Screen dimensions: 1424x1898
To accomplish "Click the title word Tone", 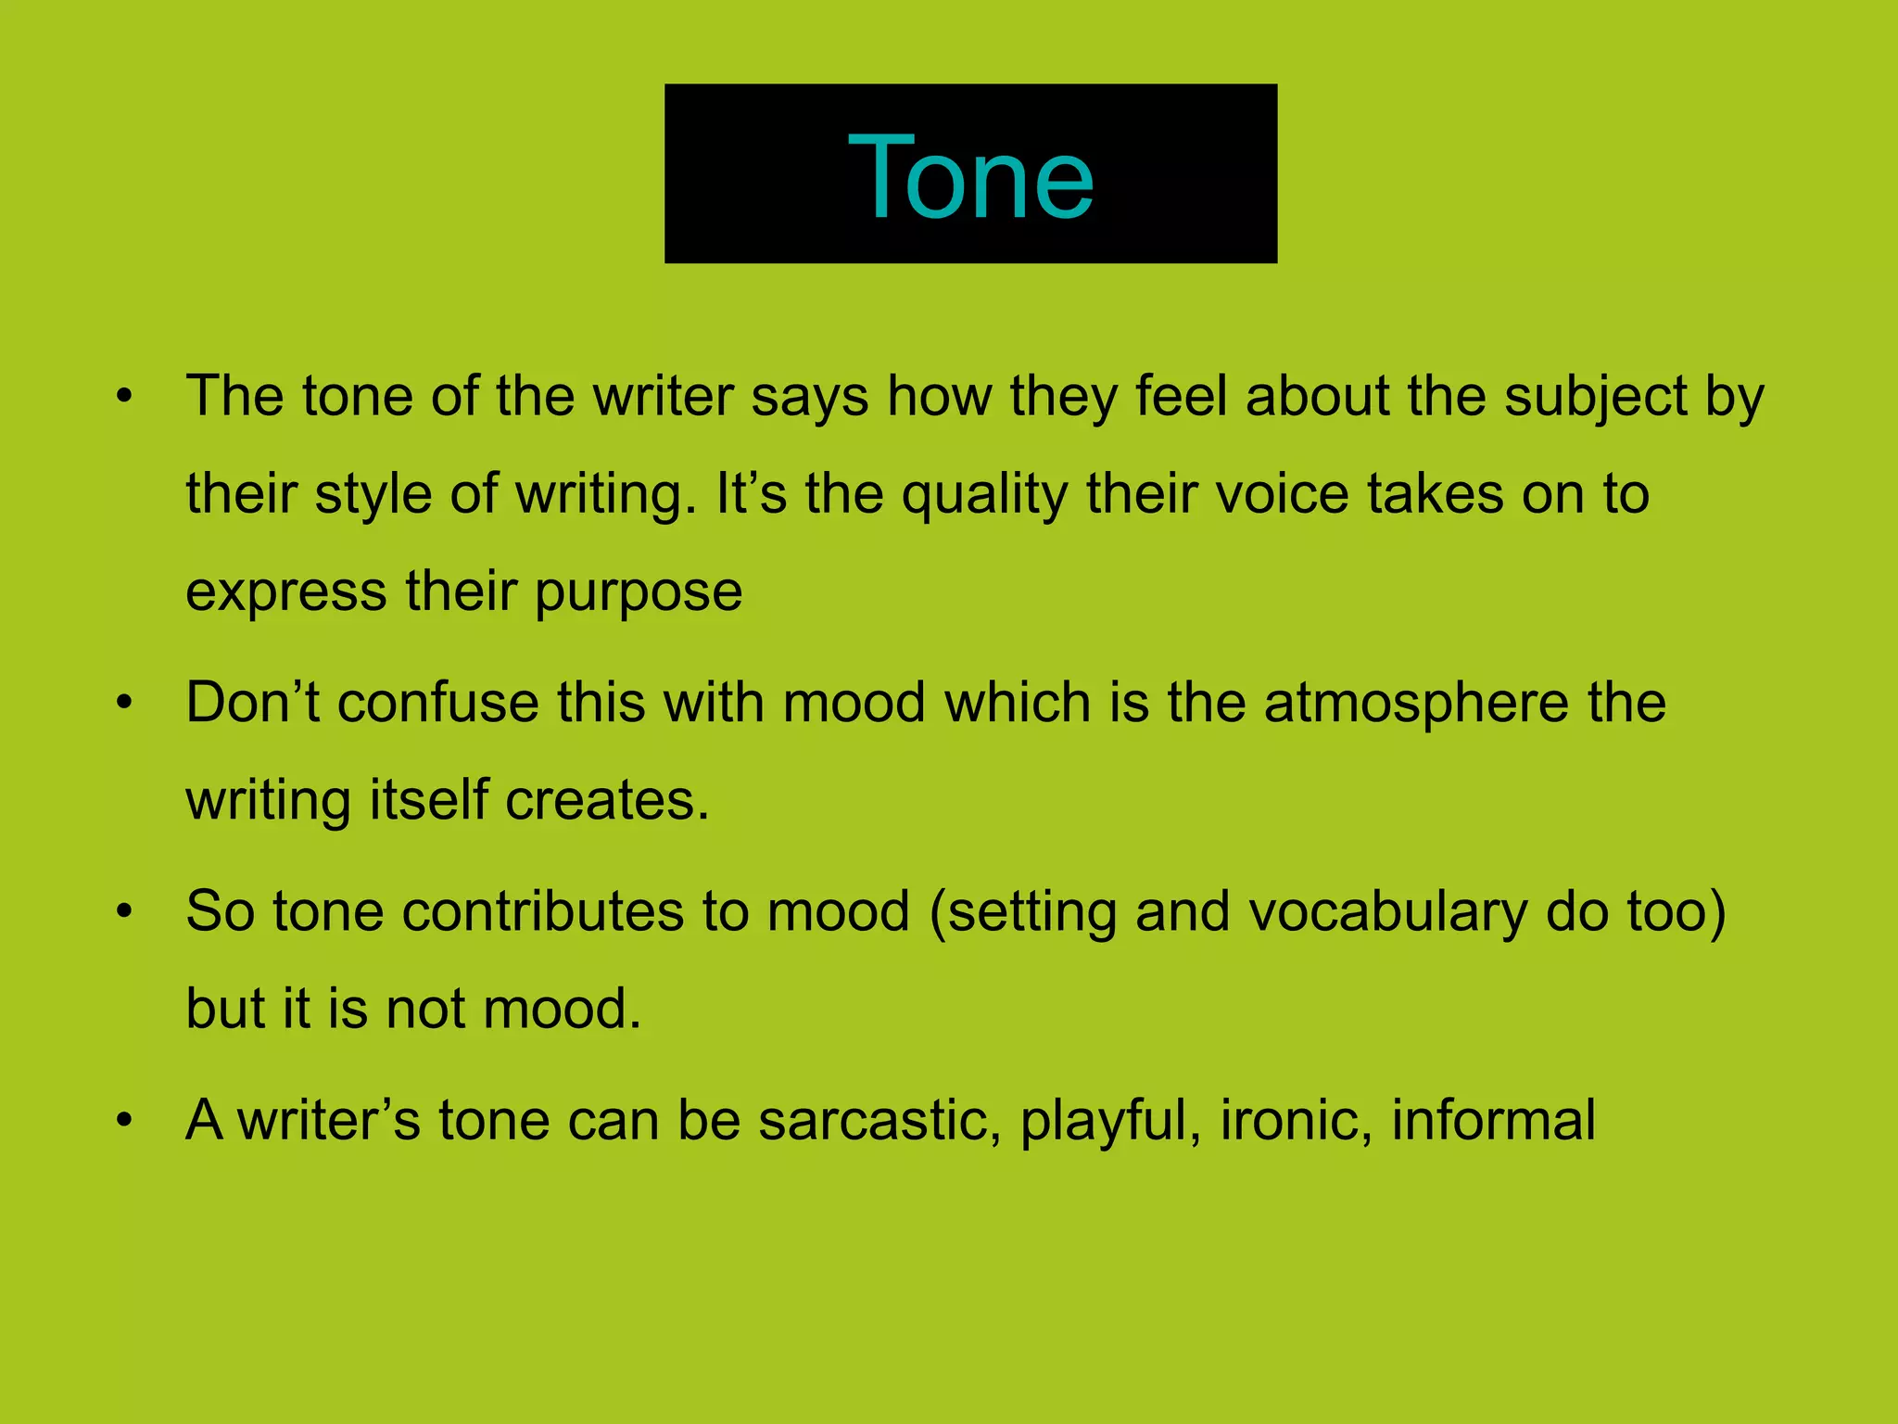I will [x=970, y=176].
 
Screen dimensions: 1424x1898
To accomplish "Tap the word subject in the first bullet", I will [x=1595, y=397].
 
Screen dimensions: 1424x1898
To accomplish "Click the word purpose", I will [x=639, y=592].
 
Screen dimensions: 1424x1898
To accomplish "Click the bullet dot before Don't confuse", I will [x=125, y=703].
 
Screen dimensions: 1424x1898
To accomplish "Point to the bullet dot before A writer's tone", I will [x=125, y=1121].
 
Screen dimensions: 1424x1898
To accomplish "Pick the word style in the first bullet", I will [x=373, y=494].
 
